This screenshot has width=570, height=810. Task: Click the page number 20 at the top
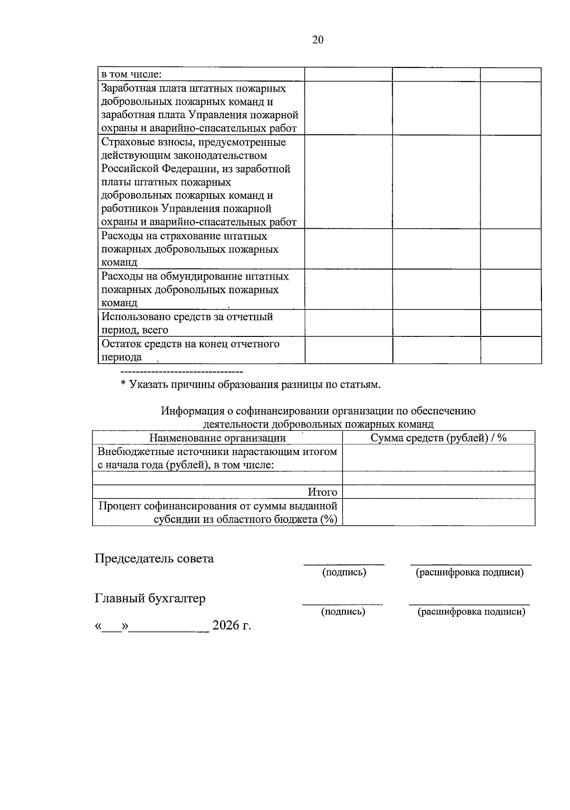[318, 40]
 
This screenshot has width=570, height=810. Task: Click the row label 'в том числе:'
[132, 74]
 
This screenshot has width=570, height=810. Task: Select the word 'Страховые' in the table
[124, 142]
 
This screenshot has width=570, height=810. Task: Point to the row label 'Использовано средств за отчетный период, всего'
[187, 323]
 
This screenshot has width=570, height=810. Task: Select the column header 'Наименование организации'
[218, 438]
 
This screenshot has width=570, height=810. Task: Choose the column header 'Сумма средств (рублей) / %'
[438, 438]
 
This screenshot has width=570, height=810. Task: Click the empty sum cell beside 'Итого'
[438, 492]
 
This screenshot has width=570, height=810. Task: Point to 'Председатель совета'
[154, 559]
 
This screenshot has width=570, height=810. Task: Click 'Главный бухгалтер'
[150, 598]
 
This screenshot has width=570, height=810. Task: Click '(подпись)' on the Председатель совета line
[344, 572]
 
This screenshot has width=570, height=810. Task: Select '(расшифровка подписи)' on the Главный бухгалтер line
[471, 612]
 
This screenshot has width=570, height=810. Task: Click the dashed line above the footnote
[182, 371]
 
